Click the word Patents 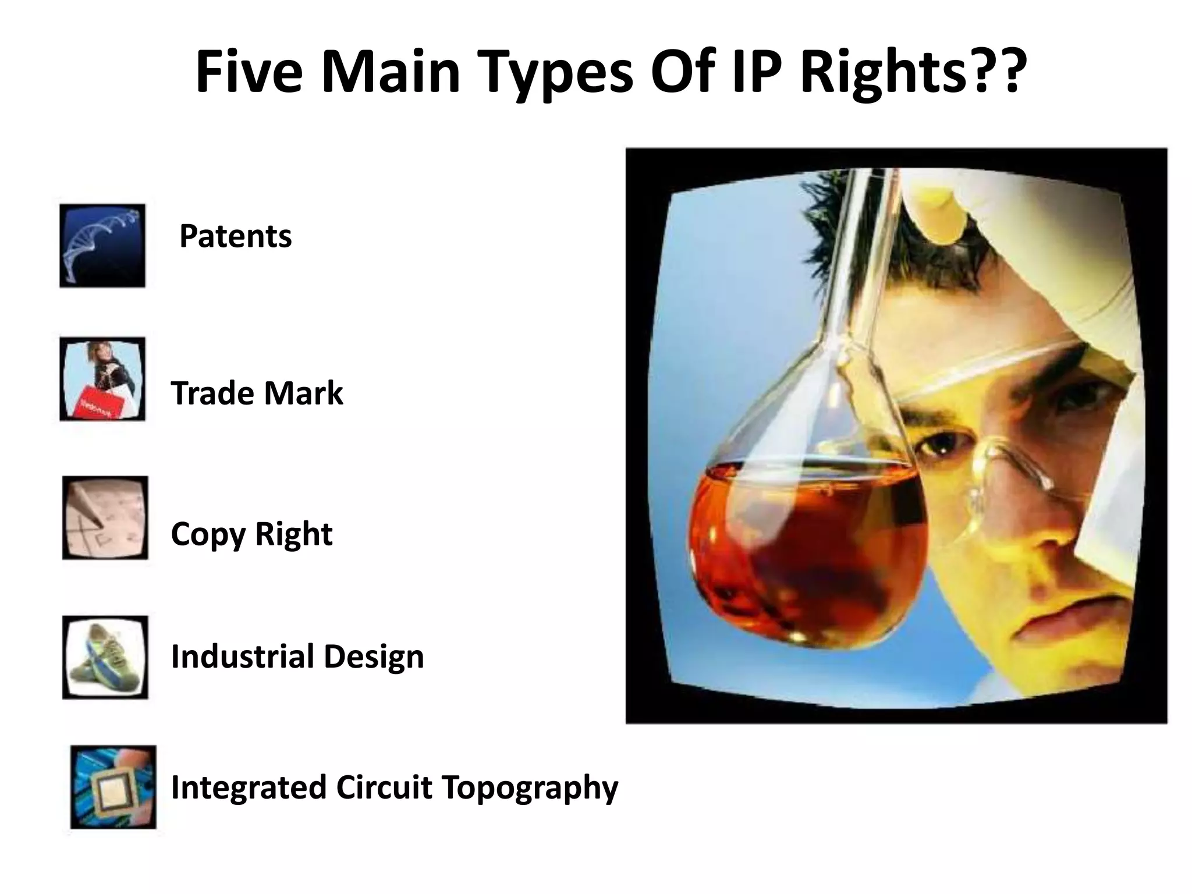[235, 236]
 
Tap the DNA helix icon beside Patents [102, 246]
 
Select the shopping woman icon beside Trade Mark [102, 379]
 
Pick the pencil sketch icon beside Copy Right [105, 518]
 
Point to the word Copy [208, 534]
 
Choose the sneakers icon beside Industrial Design [105, 657]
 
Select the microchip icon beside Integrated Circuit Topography [113, 787]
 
